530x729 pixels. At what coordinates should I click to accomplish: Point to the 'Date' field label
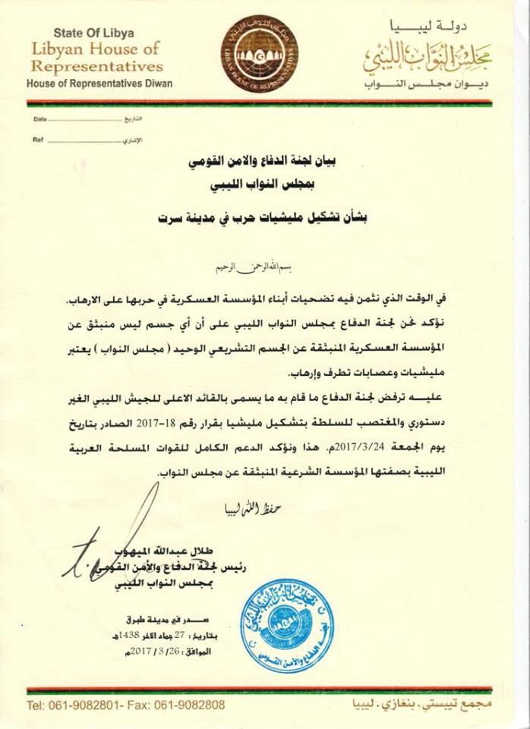40,120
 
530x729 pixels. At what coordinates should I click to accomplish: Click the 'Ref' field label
37,140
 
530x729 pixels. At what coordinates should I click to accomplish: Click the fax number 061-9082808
190,706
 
